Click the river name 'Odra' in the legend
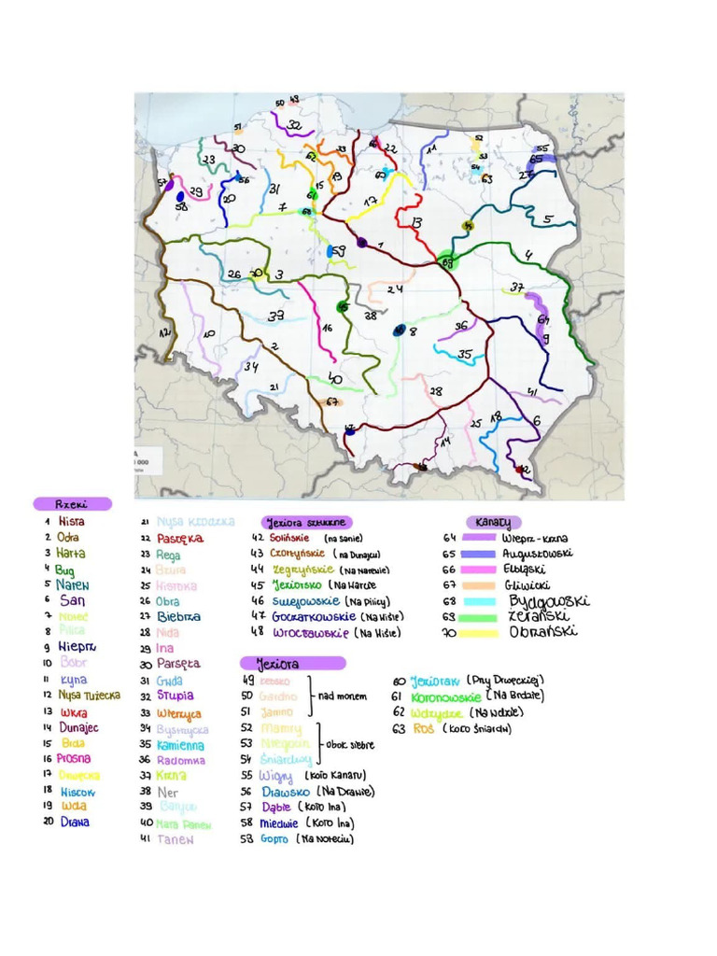click(x=68, y=538)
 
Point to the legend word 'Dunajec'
click(x=78, y=727)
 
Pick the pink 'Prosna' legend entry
click(x=74, y=759)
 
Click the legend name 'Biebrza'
click(x=177, y=617)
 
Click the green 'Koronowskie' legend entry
click(x=444, y=696)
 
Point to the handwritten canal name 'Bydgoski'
click(x=548, y=600)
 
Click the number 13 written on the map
click(x=415, y=223)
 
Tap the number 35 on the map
click(x=464, y=354)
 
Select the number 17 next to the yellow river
click(x=370, y=201)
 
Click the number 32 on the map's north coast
click(x=294, y=124)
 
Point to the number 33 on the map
click(x=275, y=316)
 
